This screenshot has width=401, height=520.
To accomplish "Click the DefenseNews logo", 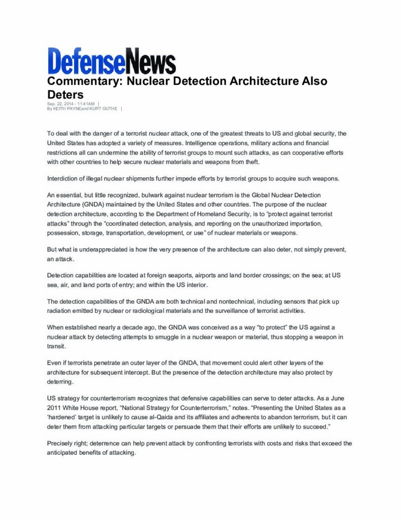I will (x=112, y=61).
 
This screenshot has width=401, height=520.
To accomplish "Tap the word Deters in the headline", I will (x=65, y=94).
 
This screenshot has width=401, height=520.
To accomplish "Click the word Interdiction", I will (x=64, y=179).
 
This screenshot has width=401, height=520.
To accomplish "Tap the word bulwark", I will (x=149, y=196).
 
